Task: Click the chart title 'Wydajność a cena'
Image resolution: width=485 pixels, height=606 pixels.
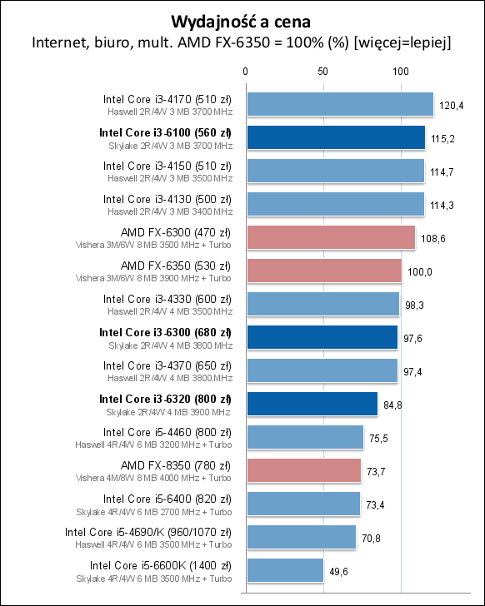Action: coord(242,19)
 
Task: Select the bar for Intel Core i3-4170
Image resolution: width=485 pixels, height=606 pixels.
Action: coord(339,104)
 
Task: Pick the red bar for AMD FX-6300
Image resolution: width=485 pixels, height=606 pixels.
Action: coord(330,237)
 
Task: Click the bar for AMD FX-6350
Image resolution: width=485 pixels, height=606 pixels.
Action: coord(323,271)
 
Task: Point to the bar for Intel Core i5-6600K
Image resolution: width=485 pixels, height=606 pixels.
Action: coord(284,570)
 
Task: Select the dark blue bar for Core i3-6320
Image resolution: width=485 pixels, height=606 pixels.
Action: coord(312,404)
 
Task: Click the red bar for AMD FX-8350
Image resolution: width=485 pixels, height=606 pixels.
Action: coord(303,470)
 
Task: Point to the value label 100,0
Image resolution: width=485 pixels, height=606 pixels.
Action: coord(419,271)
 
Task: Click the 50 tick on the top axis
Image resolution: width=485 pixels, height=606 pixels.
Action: coord(322,72)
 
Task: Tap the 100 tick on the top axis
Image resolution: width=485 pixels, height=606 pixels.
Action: coord(401,72)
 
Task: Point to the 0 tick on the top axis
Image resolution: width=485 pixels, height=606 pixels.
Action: coord(245,72)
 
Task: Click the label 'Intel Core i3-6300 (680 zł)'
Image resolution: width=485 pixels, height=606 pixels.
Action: coord(165,332)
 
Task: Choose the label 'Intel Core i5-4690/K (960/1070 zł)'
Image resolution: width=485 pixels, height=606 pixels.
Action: coord(147,532)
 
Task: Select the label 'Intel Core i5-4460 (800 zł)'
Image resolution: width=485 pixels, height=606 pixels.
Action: coord(167,432)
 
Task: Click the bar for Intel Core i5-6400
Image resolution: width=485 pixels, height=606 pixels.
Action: coord(302,504)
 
